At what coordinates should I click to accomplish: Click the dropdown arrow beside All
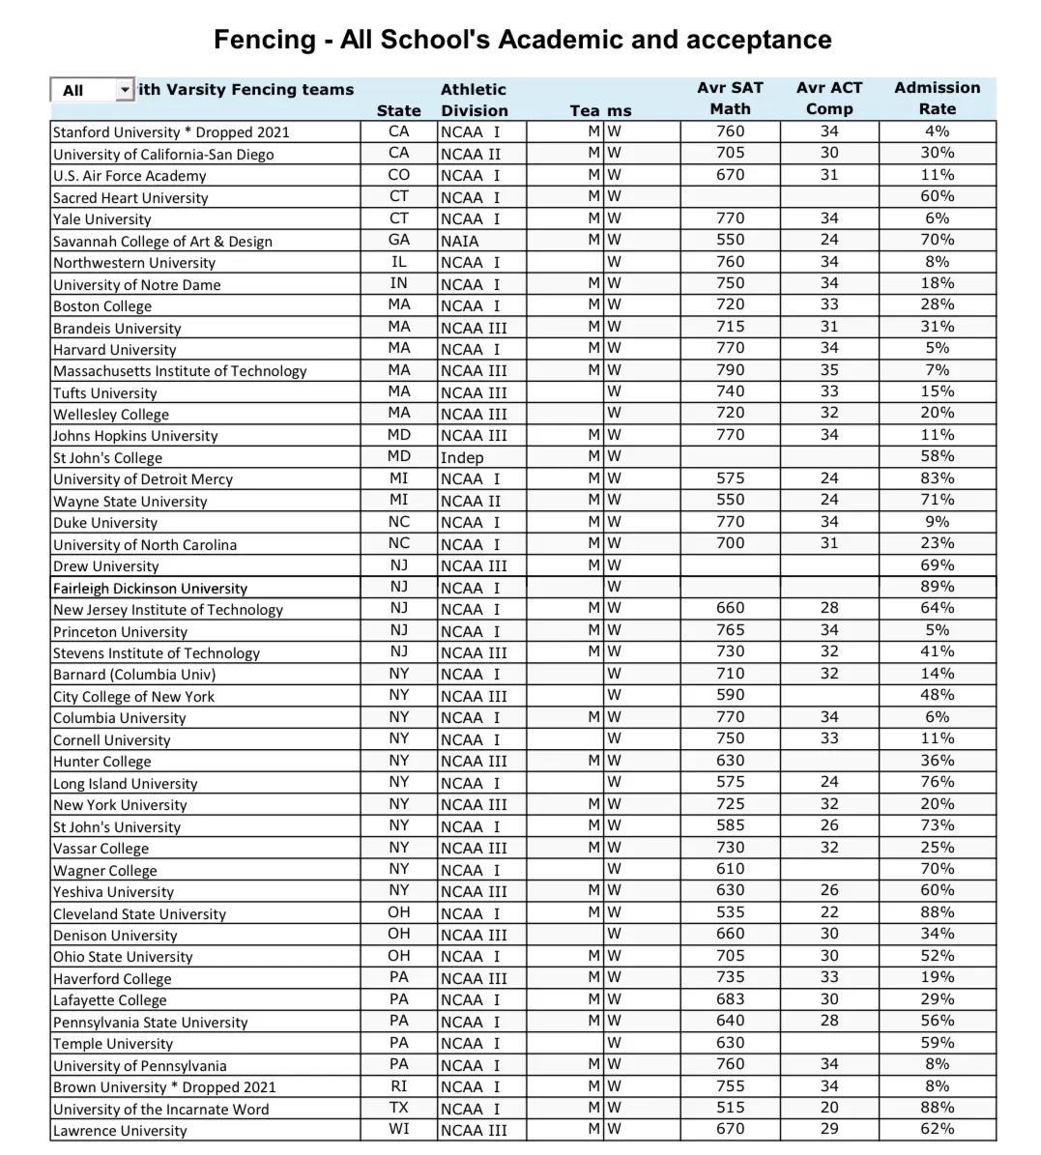click(124, 90)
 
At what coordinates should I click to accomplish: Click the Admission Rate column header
click(937, 98)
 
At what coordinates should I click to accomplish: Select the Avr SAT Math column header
click(730, 98)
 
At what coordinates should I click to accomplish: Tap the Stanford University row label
click(171, 132)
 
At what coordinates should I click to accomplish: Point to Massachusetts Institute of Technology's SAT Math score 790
click(730, 369)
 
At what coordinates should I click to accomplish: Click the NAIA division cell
click(459, 241)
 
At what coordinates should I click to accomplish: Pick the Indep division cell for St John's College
click(462, 457)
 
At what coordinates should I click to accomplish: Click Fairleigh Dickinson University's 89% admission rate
click(937, 587)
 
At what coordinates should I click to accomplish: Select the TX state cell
click(398, 1108)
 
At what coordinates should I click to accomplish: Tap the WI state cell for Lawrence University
click(398, 1129)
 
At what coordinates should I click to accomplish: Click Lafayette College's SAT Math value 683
click(730, 999)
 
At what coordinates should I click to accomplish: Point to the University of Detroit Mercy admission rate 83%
click(937, 478)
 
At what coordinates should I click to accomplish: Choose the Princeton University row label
click(120, 632)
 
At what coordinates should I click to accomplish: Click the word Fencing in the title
click(264, 40)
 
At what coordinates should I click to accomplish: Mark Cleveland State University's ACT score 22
click(829, 912)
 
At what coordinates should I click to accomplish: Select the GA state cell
click(398, 240)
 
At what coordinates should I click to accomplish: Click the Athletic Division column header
click(474, 100)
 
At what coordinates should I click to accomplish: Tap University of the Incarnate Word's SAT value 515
click(730, 1108)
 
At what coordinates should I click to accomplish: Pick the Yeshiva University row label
click(113, 892)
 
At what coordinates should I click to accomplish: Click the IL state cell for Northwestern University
click(398, 262)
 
